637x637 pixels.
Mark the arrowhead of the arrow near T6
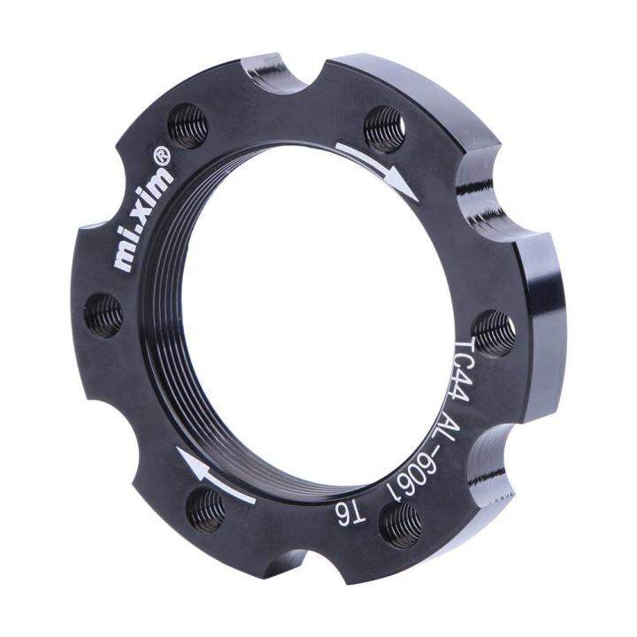184,458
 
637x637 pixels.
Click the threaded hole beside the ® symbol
190,125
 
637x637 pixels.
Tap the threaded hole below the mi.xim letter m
104,314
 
